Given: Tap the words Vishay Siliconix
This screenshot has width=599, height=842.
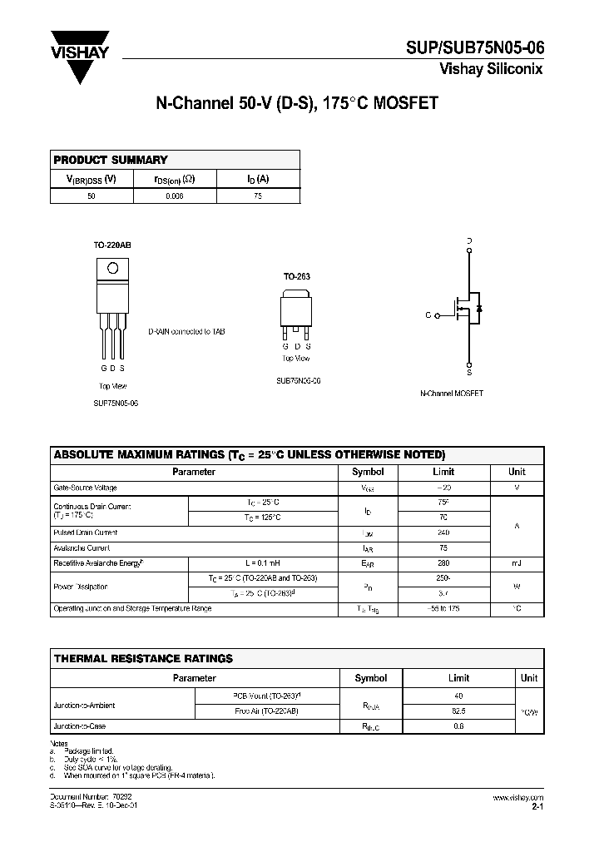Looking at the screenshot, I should (491, 70).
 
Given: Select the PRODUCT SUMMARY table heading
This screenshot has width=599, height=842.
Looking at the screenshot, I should (111, 160).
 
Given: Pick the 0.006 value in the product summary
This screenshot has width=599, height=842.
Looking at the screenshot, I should (174, 196).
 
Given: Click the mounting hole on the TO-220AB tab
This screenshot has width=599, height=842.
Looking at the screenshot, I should (113, 269).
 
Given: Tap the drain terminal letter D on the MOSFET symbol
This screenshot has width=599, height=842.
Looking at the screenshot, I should (469, 241).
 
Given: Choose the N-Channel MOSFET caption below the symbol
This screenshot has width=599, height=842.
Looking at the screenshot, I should (453, 392).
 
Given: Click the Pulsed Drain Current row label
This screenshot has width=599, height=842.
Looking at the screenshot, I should (86, 532).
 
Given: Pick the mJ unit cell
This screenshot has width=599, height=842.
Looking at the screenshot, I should (517, 564).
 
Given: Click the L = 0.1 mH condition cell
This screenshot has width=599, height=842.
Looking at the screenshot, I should (263, 564).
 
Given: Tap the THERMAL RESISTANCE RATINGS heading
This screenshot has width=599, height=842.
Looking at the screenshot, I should (143, 658).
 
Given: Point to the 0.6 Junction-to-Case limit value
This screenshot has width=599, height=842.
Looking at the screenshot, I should (458, 726).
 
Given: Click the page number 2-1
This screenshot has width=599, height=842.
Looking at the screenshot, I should (537, 806).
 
